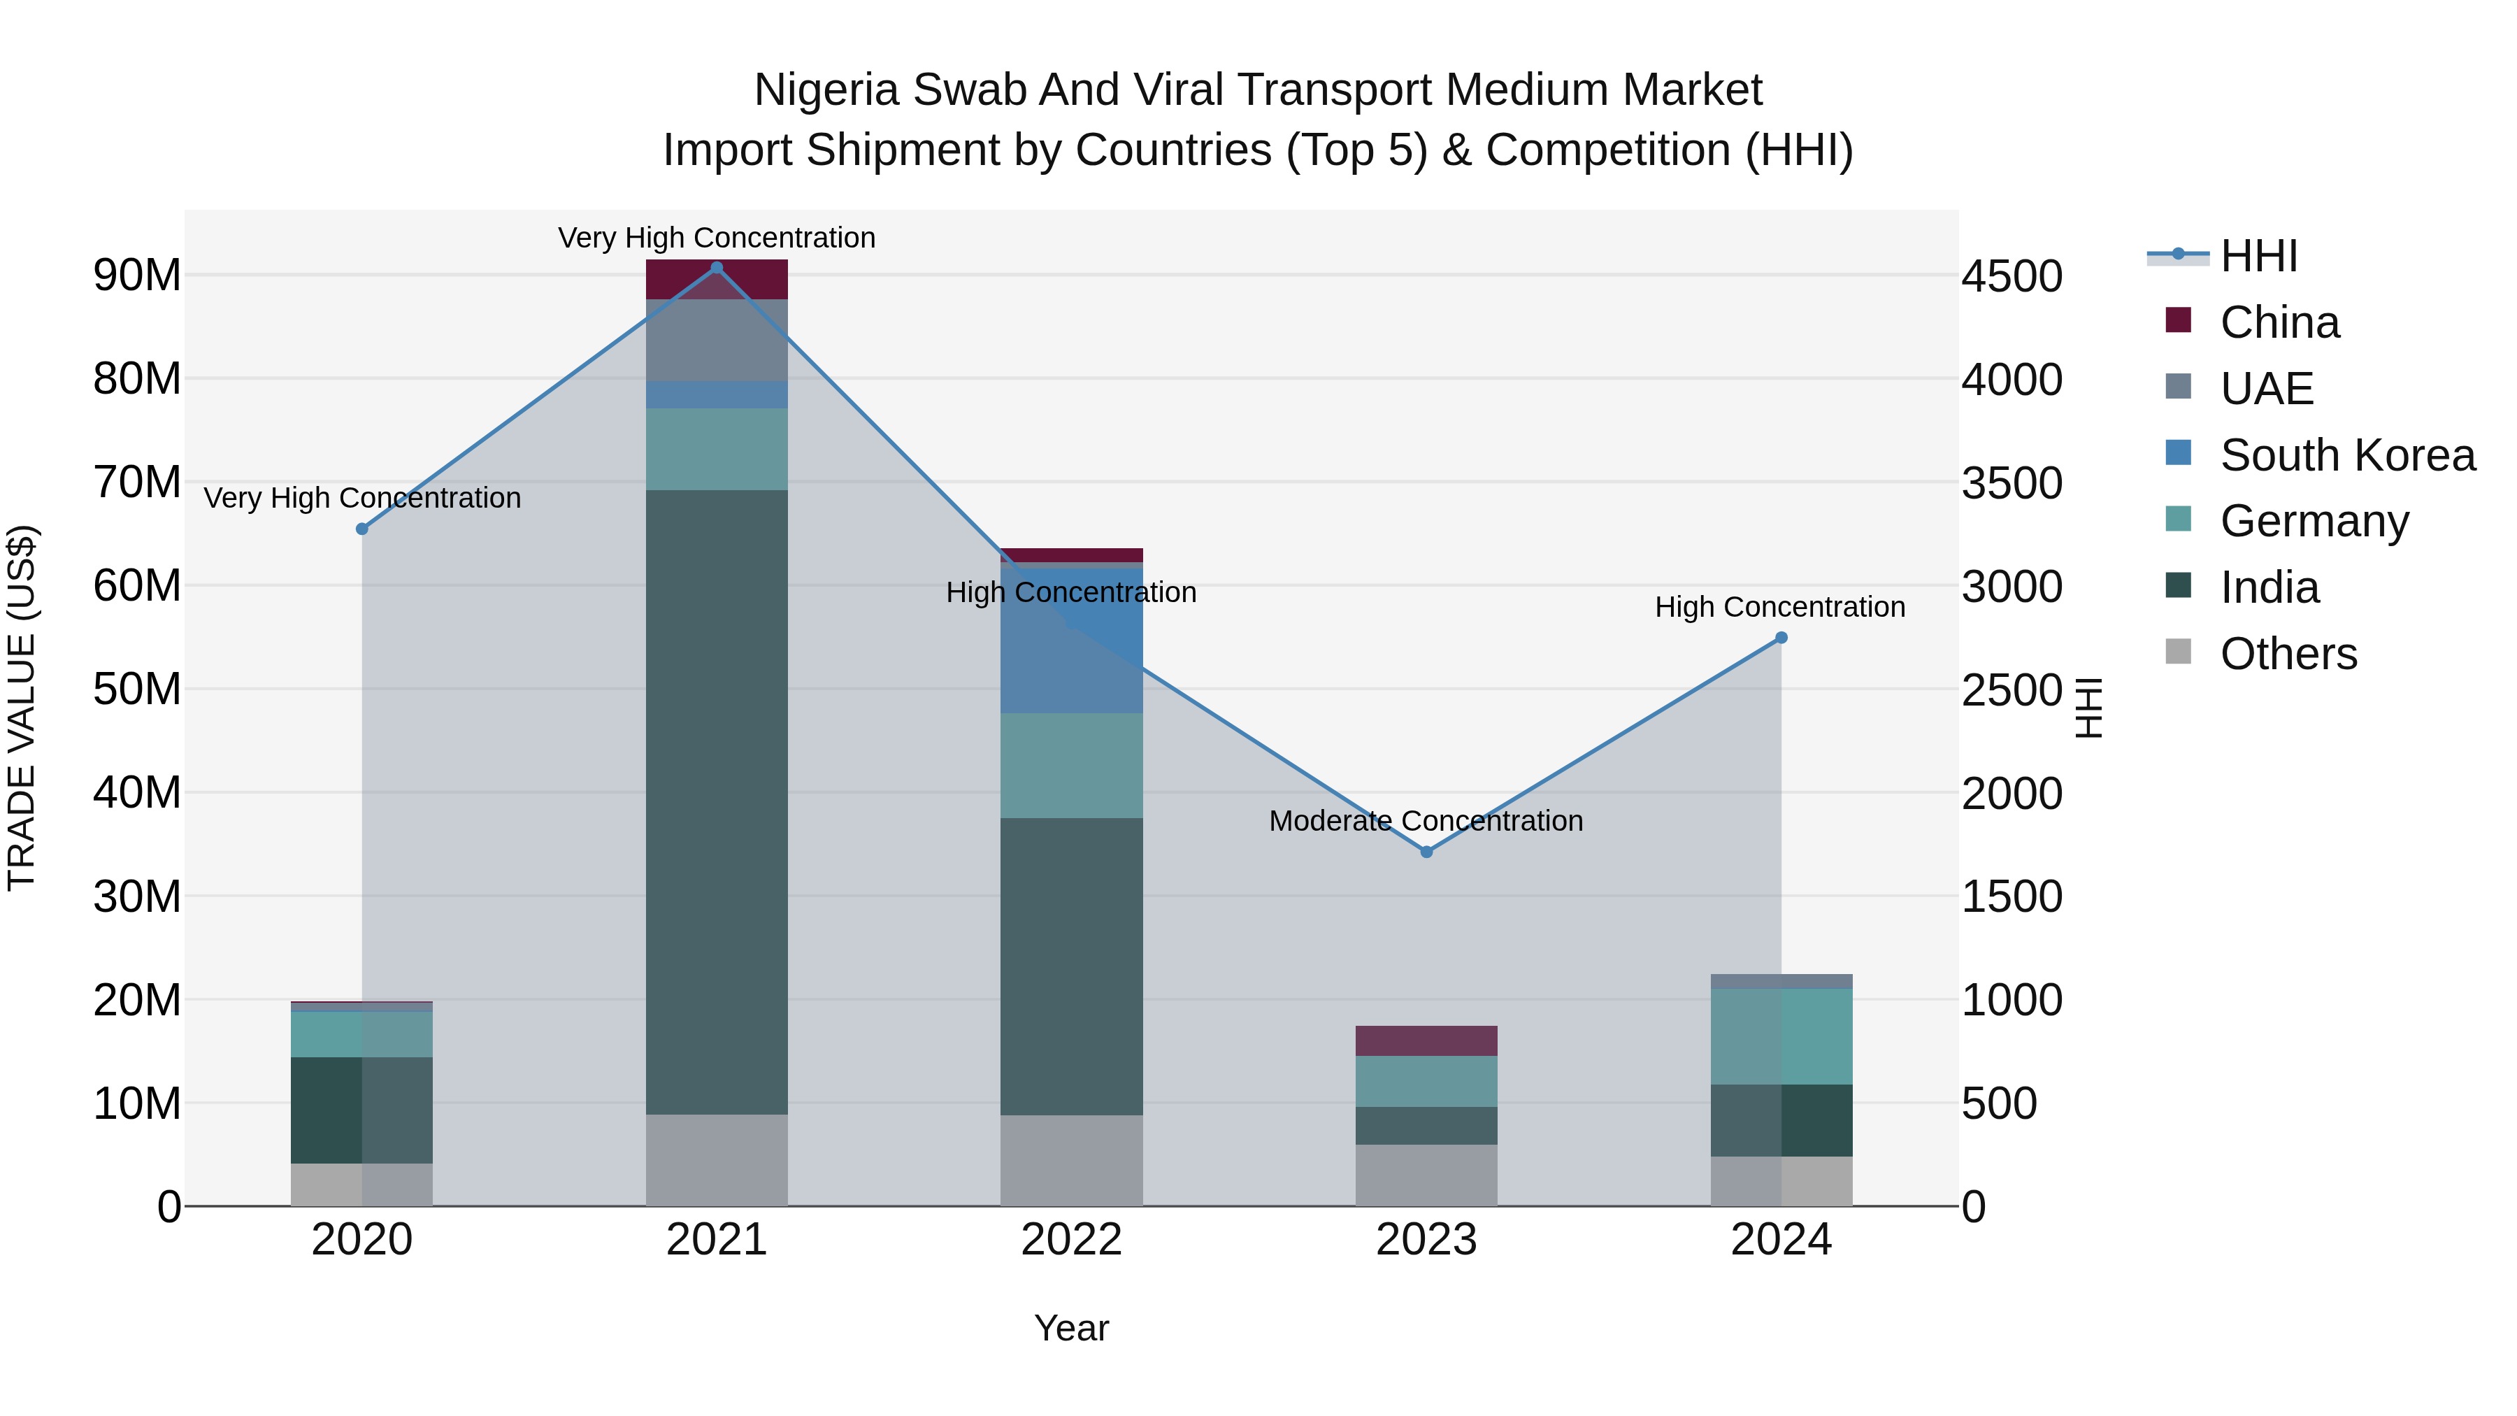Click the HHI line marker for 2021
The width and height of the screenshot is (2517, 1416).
coord(716,268)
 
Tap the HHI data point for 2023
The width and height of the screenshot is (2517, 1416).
coord(1426,852)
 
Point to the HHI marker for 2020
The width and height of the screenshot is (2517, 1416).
coord(362,529)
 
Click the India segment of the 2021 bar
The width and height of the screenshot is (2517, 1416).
coord(716,801)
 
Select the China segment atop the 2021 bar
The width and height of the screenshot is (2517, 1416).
coord(716,280)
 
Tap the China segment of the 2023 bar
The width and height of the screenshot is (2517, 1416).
coord(1426,1040)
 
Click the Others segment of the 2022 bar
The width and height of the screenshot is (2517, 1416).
coord(1071,1160)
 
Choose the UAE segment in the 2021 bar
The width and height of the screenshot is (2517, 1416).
coord(716,340)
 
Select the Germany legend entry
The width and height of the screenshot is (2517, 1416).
coord(2313,521)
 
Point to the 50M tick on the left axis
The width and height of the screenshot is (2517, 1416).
coord(137,689)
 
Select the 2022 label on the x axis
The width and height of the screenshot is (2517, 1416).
coord(1071,1240)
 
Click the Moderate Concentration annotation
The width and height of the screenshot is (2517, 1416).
coord(1426,821)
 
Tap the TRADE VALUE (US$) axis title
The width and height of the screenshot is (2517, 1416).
coord(22,708)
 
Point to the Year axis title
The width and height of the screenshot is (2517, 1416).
coord(1071,1328)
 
